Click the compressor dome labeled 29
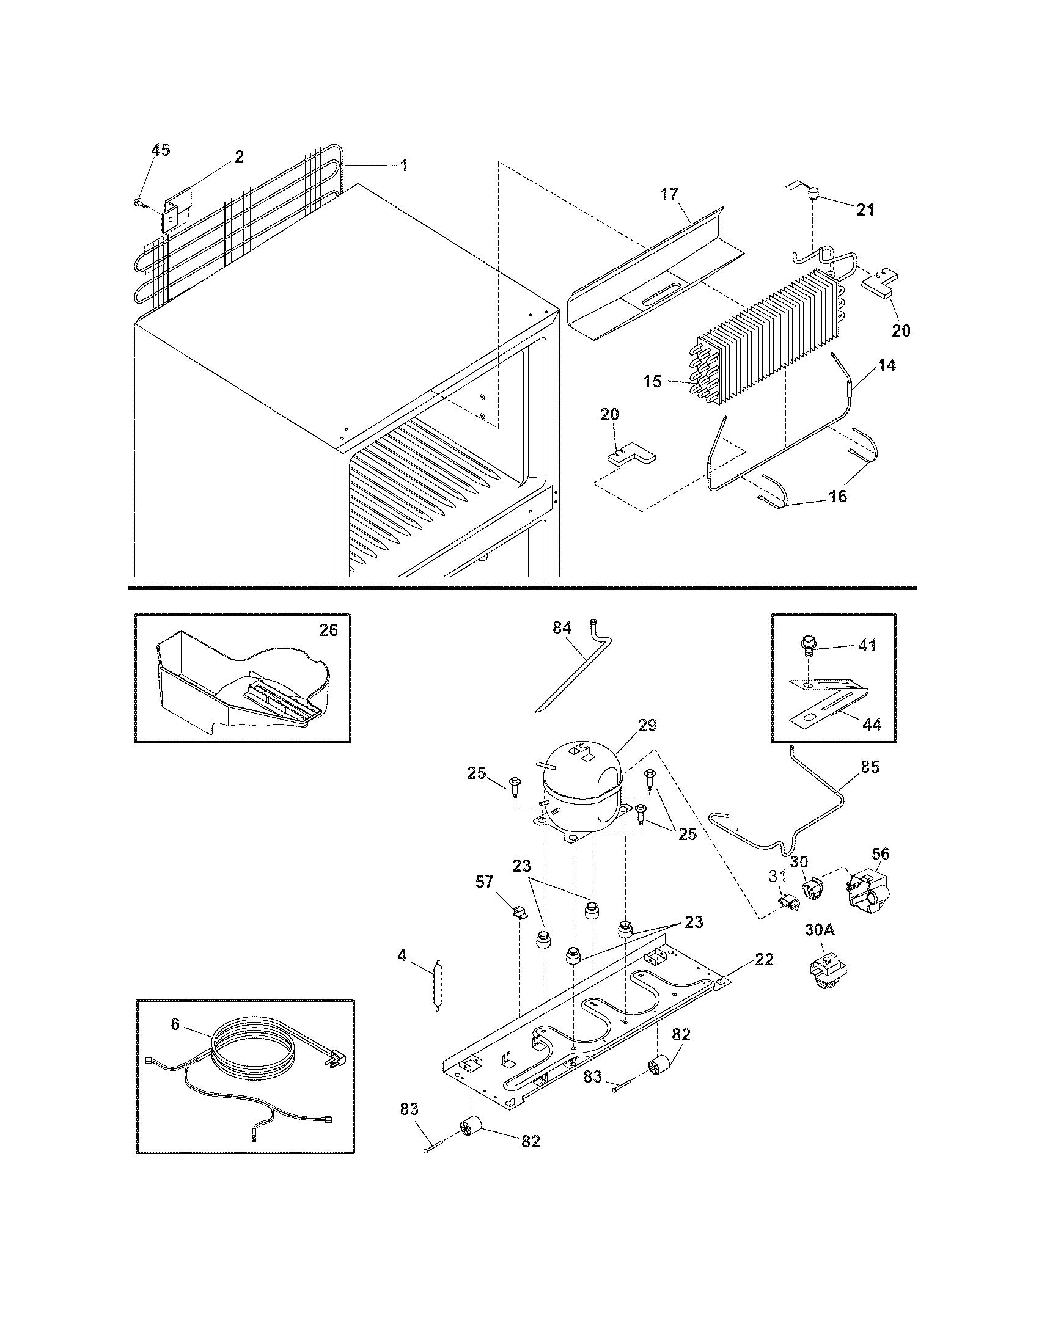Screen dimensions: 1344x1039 tap(582, 789)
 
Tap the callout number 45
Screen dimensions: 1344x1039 tap(161, 150)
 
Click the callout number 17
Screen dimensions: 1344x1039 tap(669, 195)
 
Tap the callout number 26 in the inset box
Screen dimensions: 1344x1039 tap(329, 631)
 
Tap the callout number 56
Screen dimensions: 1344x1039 tap(881, 853)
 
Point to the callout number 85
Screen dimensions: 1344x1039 tap(870, 767)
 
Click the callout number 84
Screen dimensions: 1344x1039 tap(562, 627)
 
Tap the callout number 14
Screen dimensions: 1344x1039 tap(887, 365)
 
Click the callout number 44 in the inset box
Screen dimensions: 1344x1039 tap(872, 725)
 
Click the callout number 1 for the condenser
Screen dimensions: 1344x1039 tap(404, 166)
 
